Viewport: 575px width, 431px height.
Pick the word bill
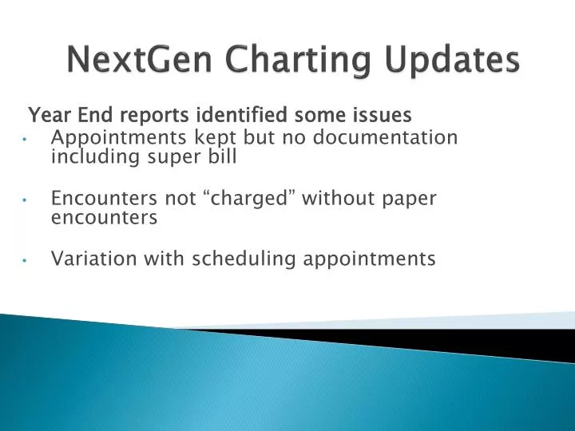(x=223, y=156)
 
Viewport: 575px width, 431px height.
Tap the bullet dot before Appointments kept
(x=27, y=139)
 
